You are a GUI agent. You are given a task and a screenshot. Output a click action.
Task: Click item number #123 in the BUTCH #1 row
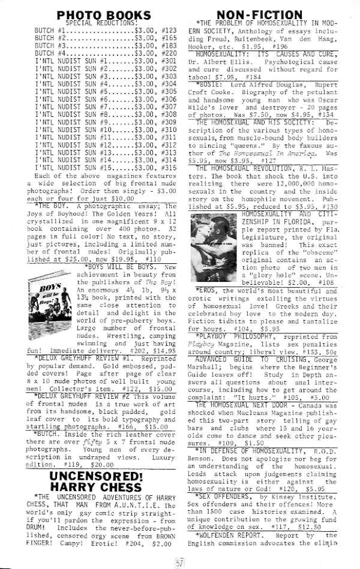coord(170,29)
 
